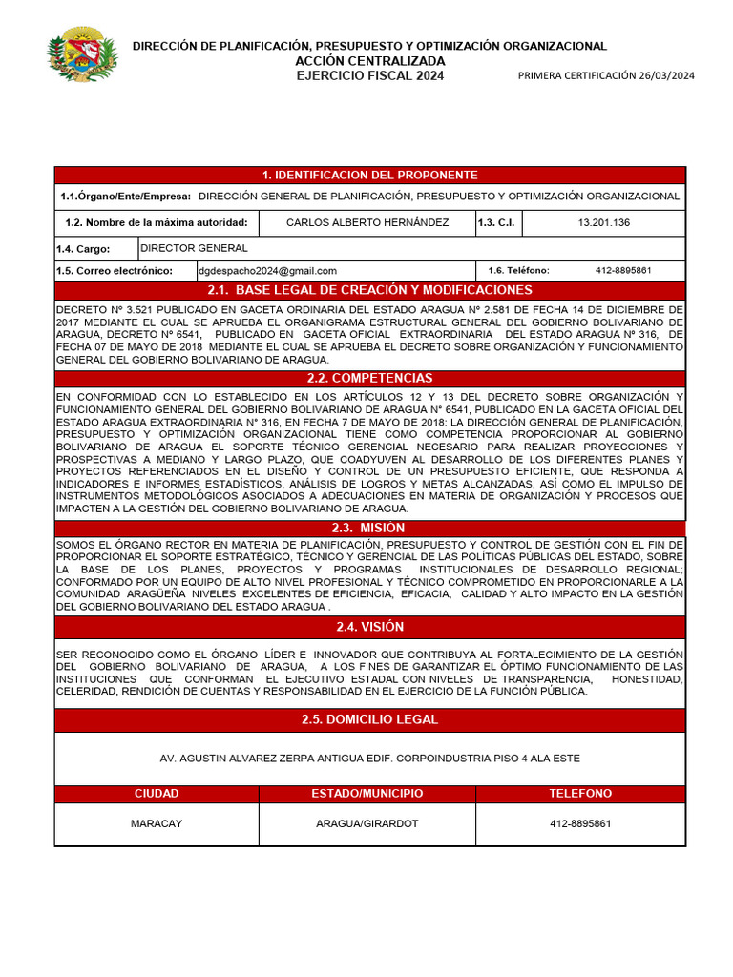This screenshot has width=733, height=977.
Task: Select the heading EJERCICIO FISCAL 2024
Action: [369, 75]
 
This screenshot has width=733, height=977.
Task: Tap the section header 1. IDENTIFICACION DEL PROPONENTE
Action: [369, 175]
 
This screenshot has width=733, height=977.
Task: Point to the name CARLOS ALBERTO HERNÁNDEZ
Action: [367, 222]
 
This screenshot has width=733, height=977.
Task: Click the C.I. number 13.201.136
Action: [603, 222]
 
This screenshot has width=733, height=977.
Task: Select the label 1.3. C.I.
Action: [497, 222]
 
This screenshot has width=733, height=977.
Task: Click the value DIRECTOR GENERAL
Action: [194, 248]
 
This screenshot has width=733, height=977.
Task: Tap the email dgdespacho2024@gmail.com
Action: [268, 271]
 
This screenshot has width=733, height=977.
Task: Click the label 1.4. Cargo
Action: [83, 249]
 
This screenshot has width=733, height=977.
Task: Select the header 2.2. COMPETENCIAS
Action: [369, 379]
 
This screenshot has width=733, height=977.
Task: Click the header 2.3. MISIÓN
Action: [369, 529]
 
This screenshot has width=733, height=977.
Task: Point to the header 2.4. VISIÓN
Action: [369, 627]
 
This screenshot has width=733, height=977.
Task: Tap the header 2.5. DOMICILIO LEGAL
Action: [369, 719]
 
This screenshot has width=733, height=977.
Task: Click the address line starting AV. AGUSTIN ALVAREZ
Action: [369, 759]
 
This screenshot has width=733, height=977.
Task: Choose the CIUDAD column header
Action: [157, 794]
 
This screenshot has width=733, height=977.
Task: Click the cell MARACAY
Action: [157, 823]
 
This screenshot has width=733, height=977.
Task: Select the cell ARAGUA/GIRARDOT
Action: [367, 823]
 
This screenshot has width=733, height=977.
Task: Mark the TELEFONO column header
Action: [580, 794]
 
